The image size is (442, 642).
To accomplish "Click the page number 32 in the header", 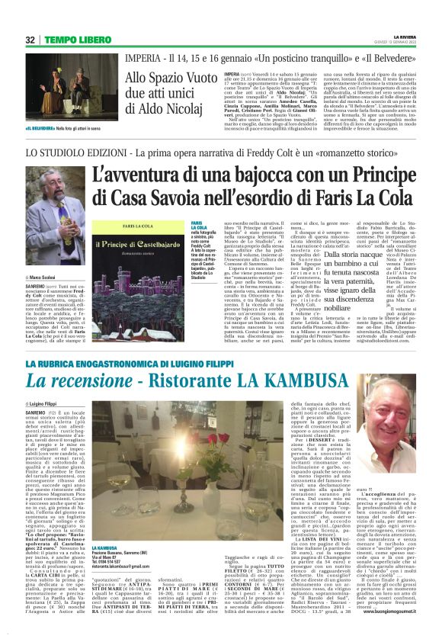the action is (31, 40).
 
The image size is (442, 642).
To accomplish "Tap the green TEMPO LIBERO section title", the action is (71, 40).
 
